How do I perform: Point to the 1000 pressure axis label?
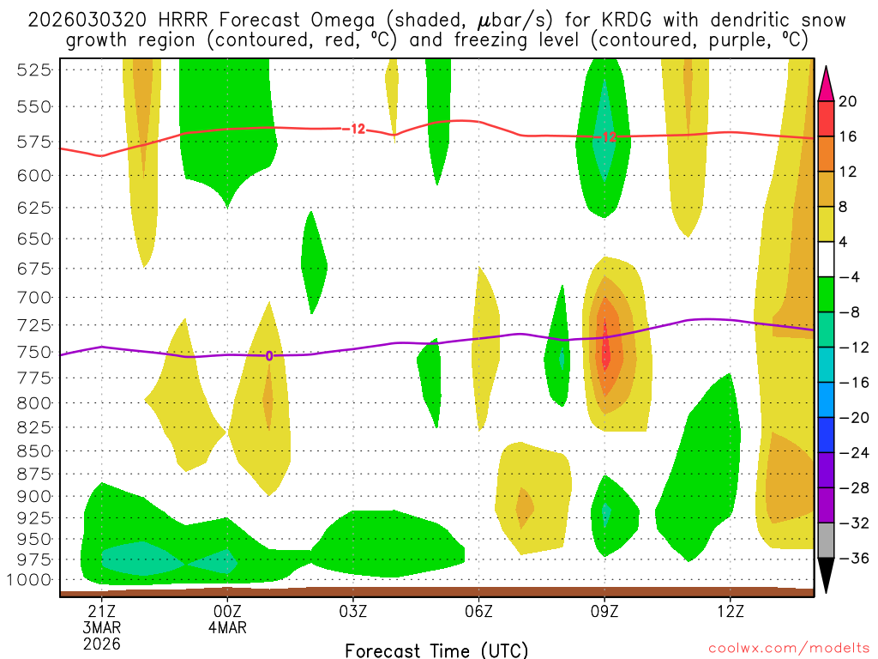[32, 579]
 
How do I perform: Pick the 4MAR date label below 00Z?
[227, 626]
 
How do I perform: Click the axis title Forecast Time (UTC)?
[436, 650]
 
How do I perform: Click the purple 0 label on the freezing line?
[268, 355]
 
